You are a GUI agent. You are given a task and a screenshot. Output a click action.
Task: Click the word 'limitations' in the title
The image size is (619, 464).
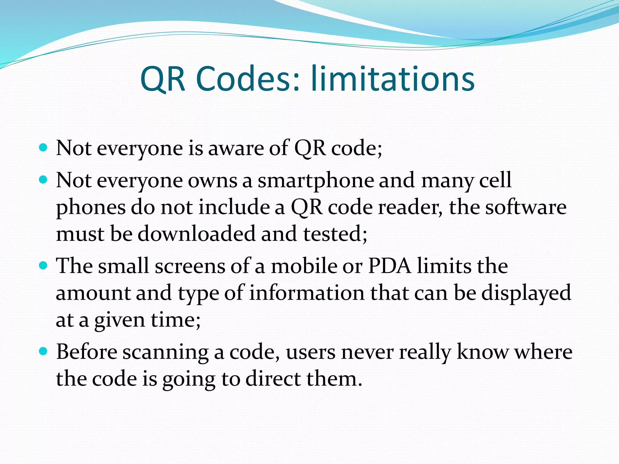pyautogui.click(x=393, y=79)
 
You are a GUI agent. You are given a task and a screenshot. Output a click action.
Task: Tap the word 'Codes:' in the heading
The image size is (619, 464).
pyautogui.click(x=248, y=79)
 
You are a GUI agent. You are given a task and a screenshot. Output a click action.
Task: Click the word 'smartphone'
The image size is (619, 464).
pyautogui.click(x=315, y=181)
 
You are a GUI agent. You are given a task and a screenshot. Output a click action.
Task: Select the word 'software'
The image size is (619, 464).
pyautogui.click(x=526, y=208)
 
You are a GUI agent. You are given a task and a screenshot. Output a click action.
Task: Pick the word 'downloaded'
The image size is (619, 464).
pyautogui.click(x=196, y=234)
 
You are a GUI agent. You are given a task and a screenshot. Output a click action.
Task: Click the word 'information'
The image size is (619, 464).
pyautogui.click(x=307, y=293)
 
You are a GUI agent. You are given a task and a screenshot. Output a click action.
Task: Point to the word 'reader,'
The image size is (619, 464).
pyautogui.click(x=410, y=208)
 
